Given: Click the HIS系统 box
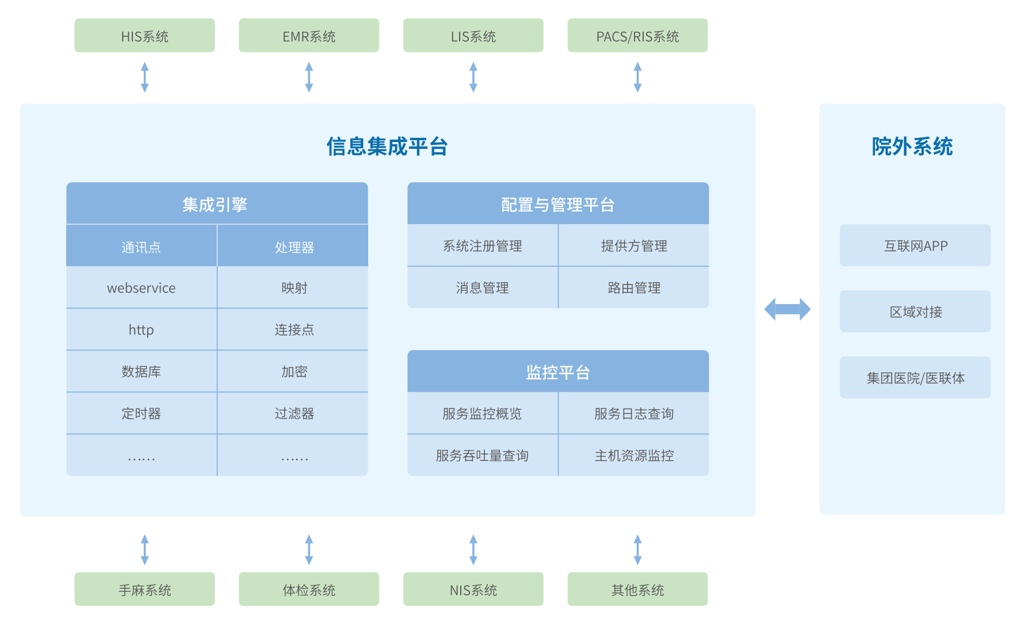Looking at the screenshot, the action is [x=144, y=36].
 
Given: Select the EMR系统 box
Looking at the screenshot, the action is [x=309, y=36].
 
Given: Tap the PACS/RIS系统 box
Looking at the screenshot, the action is [x=637, y=36].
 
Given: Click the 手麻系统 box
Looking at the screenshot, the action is [x=144, y=589].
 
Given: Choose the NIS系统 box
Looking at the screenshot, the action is [x=473, y=589].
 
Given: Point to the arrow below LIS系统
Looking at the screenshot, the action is [x=473, y=77].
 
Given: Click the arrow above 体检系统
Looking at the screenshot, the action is [x=309, y=550].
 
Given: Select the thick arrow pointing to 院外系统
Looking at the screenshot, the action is [x=788, y=309].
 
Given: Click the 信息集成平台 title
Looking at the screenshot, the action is [x=387, y=147].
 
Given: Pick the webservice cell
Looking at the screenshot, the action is [x=142, y=287].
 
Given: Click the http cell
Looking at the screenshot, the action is [x=142, y=329].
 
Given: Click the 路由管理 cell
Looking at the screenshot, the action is [x=634, y=287].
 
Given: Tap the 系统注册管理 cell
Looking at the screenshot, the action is [x=483, y=245].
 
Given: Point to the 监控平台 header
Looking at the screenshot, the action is [x=558, y=371].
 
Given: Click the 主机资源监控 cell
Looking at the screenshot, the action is [x=634, y=455].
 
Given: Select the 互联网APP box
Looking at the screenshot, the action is [x=915, y=245].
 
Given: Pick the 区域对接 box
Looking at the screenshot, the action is [x=915, y=311].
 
